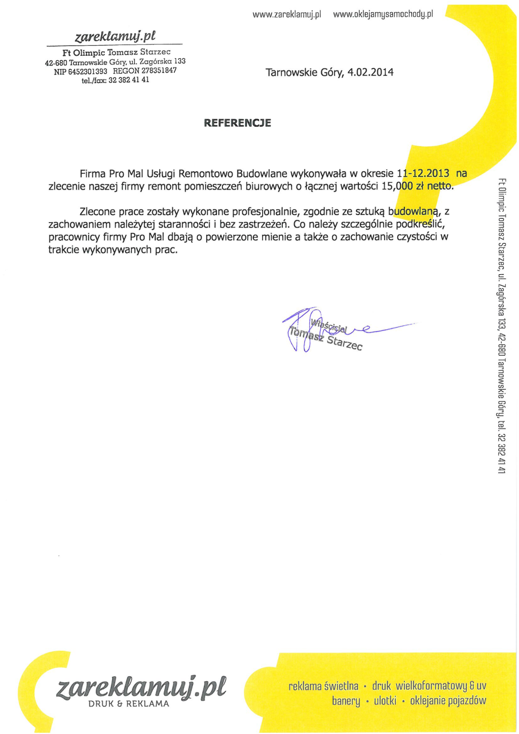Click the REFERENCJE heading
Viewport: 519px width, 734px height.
click(237, 123)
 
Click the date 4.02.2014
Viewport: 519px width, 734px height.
click(370, 72)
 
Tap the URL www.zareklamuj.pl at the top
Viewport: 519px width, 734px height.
click(287, 14)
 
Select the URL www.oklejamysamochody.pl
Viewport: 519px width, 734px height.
click(383, 14)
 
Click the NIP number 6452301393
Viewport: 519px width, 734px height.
click(88, 71)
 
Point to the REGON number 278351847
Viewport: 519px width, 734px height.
click(159, 70)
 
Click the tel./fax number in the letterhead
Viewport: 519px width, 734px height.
click(129, 80)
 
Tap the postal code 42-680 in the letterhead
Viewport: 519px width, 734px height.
click(56, 63)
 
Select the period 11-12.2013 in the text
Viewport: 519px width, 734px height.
click(423, 173)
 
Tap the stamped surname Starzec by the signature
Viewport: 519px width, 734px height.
click(345, 343)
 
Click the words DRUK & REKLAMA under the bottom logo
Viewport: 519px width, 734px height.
click(129, 704)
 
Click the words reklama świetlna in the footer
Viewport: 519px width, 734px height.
click(323, 686)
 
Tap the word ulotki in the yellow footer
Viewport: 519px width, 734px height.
click(385, 701)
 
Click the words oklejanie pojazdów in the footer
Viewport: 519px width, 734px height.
click(448, 701)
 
